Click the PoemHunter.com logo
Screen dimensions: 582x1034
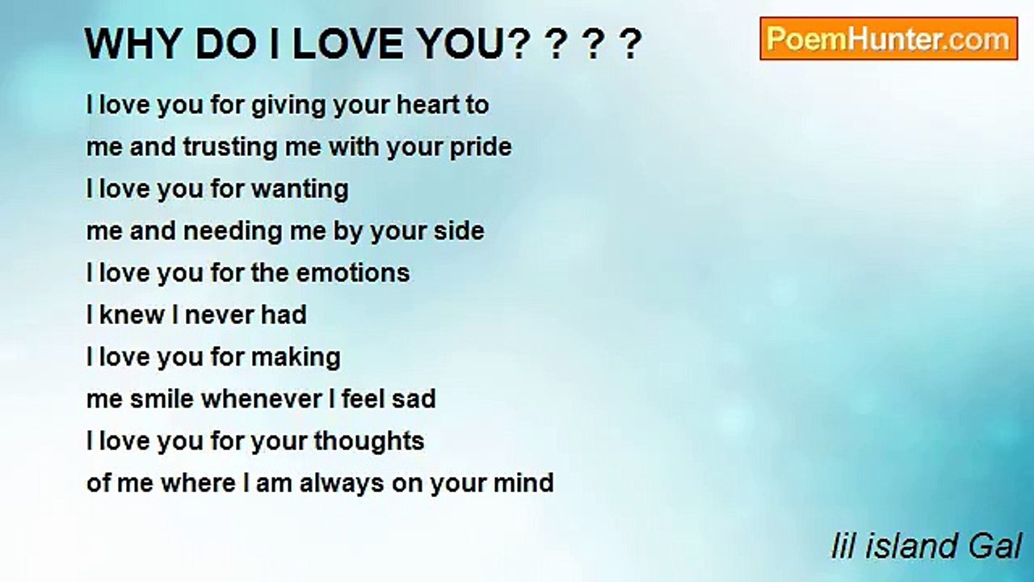(x=889, y=39)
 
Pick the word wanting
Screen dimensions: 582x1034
(x=300, y=189)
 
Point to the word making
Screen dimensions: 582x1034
(x=300, y=357)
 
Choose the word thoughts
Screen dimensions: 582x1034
(x=368, y=441)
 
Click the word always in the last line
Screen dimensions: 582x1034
(x=342, y=483)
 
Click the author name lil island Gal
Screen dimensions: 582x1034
(x=927, y=546)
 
